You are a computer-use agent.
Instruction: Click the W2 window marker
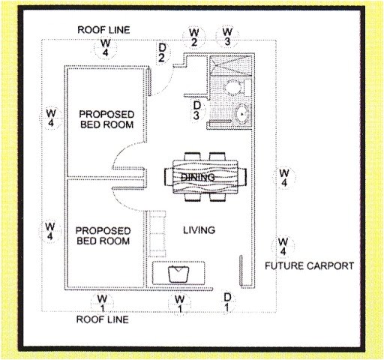point(193,37)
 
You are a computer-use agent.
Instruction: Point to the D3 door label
point(196,110)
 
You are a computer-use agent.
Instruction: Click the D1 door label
point(227,302)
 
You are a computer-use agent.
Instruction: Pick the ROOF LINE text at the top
point(103,29)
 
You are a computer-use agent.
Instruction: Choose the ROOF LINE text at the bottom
point(103,319)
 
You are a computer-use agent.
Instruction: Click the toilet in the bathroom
point(235,88)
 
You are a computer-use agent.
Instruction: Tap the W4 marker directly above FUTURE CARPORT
point(283,246)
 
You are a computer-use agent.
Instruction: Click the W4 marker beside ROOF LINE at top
point(104,47)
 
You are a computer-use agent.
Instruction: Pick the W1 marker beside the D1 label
point(178,302)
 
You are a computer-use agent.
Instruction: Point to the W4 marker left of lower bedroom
point(50,230)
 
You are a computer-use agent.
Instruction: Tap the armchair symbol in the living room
point(178,272)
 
